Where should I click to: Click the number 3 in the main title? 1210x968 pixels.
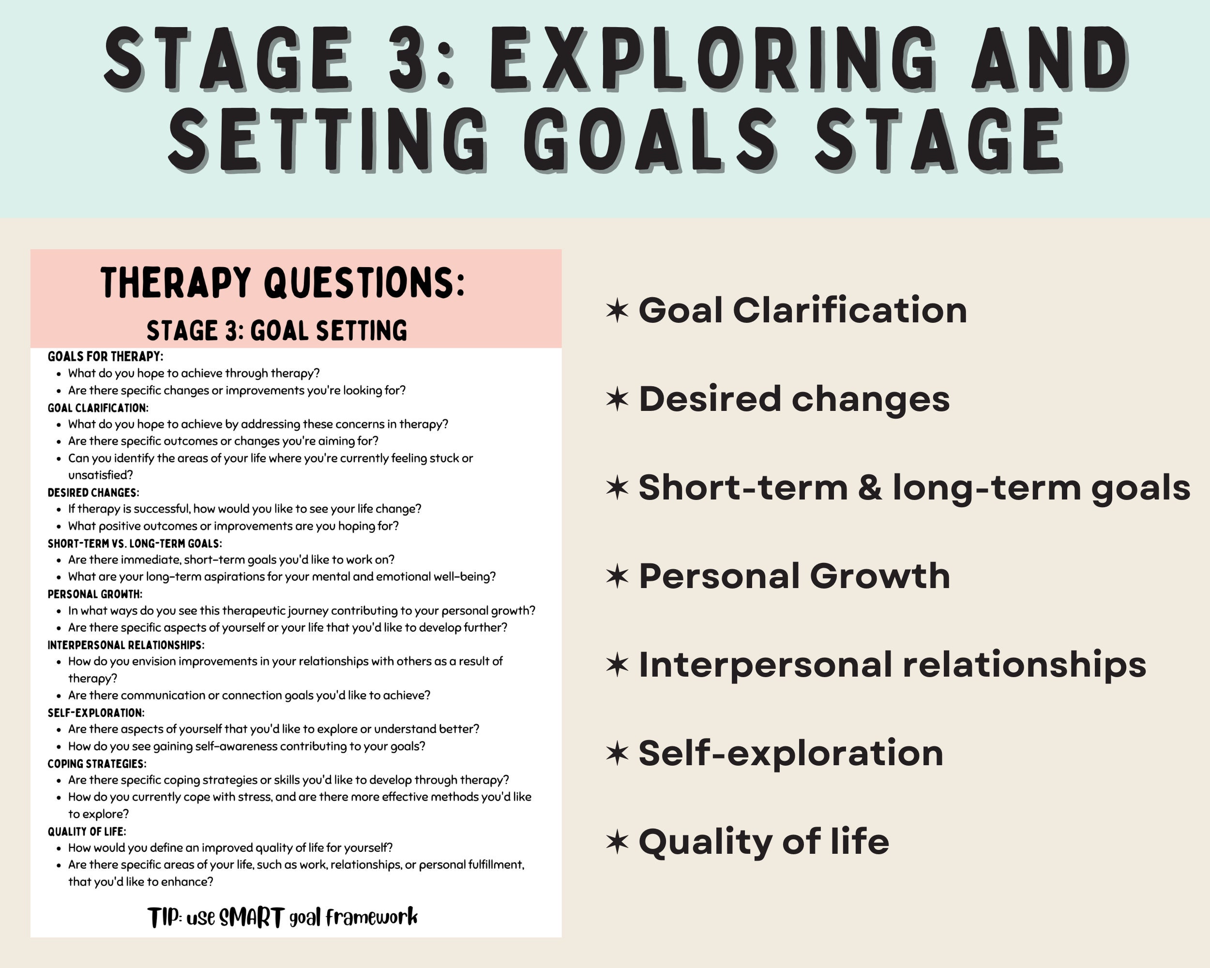pyautogui.click(x=407, y=59)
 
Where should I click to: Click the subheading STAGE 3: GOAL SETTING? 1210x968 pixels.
pyautogui.click(x=277, y=331)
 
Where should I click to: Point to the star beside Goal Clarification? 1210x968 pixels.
pyautogui.click(x=618, y=310)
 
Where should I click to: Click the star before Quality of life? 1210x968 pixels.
pyautogui.click(x=618, y=842)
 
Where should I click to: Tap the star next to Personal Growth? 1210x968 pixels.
pyautogui.click(x=618, y=576)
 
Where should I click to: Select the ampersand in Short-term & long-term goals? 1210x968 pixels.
pyautogui.click(x=869, y=487)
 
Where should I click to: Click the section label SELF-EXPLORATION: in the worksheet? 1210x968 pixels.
pyautogui.click(x=96, y=712)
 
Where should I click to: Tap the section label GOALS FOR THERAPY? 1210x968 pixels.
pyautogui.click(x=106, y=356)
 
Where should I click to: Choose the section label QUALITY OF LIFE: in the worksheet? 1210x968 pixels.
pyautogui.click(x=87, y=831)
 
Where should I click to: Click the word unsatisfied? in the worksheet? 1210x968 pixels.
pyautogui.click(x=101, y=475)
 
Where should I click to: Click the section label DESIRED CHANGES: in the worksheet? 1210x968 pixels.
pyautogui.click(x=93, y=492)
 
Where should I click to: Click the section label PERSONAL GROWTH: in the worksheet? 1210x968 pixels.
pyautogui.click(x=95, y=594)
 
